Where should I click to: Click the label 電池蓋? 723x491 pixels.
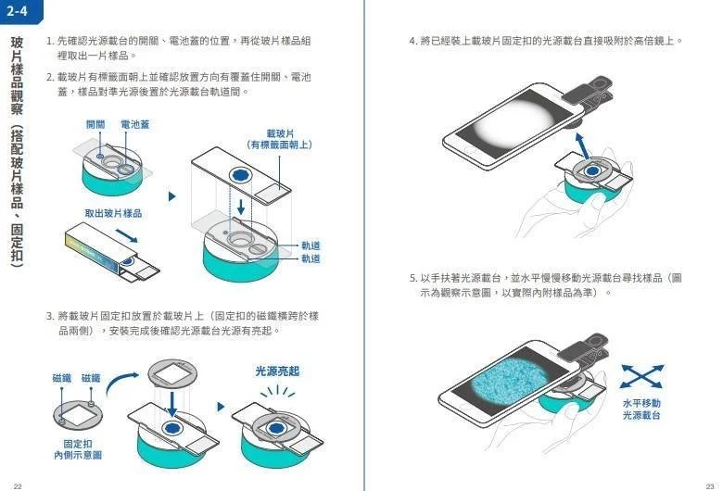coord(134,124)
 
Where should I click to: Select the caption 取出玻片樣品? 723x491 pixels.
coord(113,213)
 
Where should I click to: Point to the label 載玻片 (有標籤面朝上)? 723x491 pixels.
coord(280,139)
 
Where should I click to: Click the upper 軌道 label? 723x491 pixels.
coord(311,245)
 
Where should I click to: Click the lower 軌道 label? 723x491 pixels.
coord(311,258)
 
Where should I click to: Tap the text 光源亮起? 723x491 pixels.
coord(277,371)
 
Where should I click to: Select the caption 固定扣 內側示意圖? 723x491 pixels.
coord(78,449)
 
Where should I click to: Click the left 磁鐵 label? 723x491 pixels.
coord(62,378)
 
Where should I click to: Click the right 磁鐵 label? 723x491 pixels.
coord(91,378)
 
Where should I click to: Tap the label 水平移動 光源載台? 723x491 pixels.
coord(641,409)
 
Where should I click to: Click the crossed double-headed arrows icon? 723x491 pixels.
coord(641,376)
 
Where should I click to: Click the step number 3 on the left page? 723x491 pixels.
coord(49,316)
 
